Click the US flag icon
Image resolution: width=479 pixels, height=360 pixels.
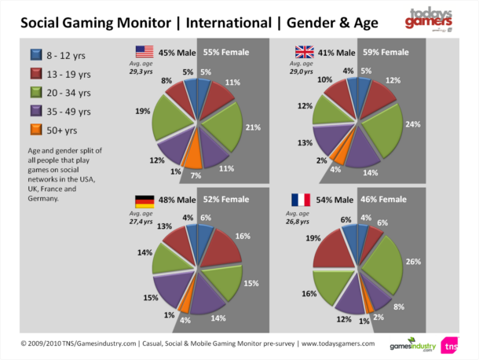coord(144,53)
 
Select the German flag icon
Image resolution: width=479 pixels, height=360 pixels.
coord(144,200)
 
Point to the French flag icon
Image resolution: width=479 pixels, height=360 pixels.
coord(302,200)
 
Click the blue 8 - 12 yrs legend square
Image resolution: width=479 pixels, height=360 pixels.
coord(35,55)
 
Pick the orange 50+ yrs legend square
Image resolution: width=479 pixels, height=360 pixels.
coord(35,130)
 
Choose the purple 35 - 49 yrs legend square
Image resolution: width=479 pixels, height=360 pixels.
coord(35,111)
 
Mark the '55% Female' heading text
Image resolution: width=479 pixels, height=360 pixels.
coord(226,53)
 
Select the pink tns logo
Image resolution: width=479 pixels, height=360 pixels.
coord(451,344)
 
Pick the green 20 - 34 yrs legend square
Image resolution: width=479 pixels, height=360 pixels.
coord(35,93)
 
